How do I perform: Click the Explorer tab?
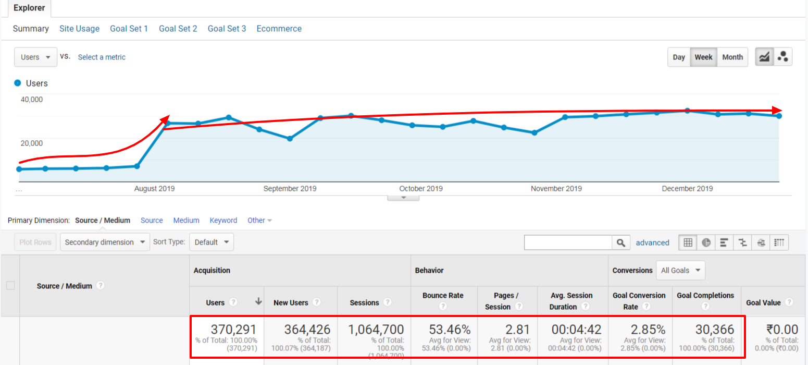tap(29, 8)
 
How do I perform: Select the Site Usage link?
tap(79, 29)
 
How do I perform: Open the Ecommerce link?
tap(279, 29)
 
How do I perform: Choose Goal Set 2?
tap(178, 29)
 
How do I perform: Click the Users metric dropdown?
tap(35, 57)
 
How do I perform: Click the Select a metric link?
tap(102, 57)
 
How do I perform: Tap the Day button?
tap(679, 57)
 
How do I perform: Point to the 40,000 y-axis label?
tap(31, 100)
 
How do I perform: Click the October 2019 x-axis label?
tap(421, 189)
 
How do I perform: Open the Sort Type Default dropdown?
tap(212, 242)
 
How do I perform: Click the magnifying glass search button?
tap(620, 242)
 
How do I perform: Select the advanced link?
tap(652, 242)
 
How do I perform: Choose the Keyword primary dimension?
tap(223, 221)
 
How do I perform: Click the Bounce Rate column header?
tap(442, 296)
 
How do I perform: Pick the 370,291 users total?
tap(233, 330)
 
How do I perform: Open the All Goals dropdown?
tap(680, 270)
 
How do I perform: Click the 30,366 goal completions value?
tap(714, 330)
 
